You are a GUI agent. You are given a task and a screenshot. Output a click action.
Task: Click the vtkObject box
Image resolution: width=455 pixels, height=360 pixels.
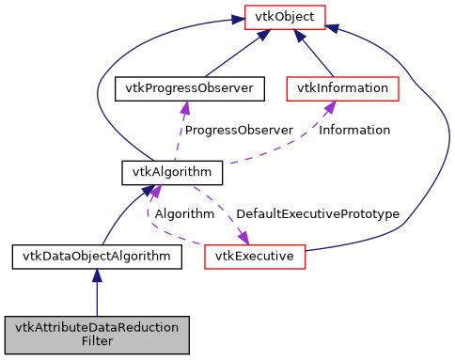pyautogui.click(x=284, y=16)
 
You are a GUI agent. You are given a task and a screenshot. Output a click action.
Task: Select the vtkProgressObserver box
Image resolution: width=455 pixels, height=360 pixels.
pyautogui.click(x=172, y=88)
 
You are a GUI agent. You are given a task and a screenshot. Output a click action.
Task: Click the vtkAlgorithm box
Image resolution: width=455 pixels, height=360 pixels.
pyautogui.click(x=172, y=172)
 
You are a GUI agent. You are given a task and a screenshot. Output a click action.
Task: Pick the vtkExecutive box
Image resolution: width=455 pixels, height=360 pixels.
pyautogui.click(x=254, y=256)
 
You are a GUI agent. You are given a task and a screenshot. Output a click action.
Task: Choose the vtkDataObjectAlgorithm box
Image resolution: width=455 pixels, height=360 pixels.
pyautogui.click(x=96, y=256)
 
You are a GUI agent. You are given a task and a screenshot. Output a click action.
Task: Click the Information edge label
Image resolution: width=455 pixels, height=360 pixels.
pyautogui.click(x=355, y=130)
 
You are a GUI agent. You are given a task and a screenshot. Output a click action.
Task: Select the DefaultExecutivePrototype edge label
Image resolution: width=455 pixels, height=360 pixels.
pyautogui.click(x=317, y=214)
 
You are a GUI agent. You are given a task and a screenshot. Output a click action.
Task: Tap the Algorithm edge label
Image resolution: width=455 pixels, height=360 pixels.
pyautogui.click(x=184, y=214)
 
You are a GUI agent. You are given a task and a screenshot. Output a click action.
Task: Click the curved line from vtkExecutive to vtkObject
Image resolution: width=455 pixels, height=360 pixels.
pyautogui.click(x=414, y=141)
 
